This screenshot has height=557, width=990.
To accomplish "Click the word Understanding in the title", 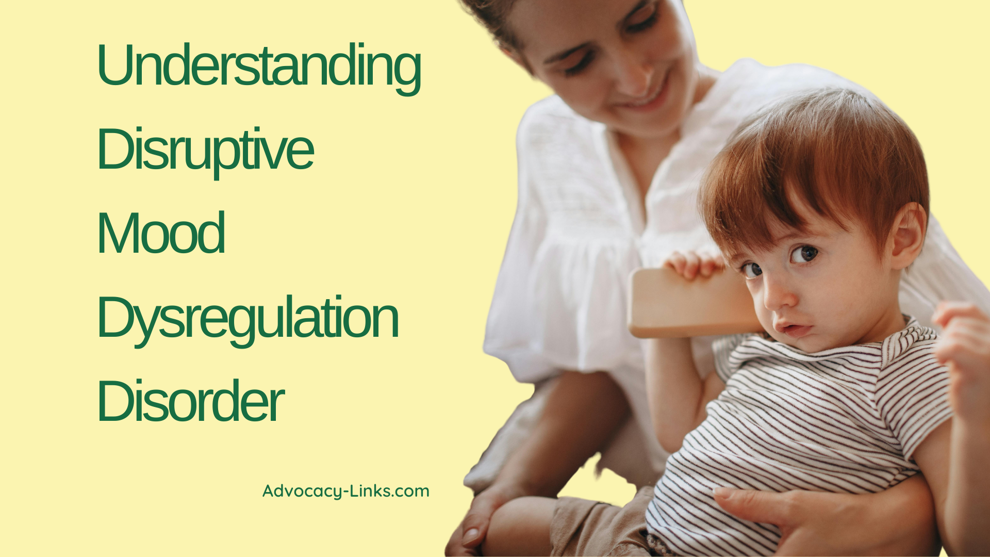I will [x=258, y=66].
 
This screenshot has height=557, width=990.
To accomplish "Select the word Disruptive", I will [x=205, y=150].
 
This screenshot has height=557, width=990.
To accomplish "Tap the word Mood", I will [x=161, y=233].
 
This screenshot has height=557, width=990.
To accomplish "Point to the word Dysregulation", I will [x=247, y=318].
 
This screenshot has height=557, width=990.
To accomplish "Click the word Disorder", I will [x=190, y=401].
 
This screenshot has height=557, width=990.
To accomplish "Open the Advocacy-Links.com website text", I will [x=345, y=491].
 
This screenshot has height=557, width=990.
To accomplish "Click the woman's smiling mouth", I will [x=645, y=101].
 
